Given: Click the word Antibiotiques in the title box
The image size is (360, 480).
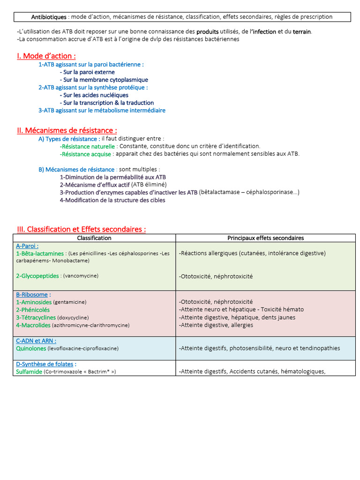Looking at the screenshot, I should (x=49, y=17).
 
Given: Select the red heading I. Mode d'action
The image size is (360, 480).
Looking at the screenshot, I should (x=46, y=56).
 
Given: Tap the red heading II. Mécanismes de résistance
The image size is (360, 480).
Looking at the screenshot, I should (x=67, y=130).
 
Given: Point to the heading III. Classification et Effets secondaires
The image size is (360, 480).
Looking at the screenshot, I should (x=81, y=229).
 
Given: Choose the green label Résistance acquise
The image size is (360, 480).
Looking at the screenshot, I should (x=86, y=154).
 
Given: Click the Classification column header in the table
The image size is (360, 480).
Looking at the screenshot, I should (x=94, y=238).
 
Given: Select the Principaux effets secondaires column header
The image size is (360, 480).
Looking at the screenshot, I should (x=265, y=238).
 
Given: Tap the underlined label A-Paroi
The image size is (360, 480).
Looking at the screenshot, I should (x=27, y=246).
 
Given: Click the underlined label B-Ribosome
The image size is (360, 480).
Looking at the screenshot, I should (x=32, y=294).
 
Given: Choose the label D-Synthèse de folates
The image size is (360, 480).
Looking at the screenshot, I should (x=46, y=364).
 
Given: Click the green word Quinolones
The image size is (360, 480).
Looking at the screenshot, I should (x=31, y=348).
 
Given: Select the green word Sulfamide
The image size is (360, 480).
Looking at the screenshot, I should (x=29, y=372).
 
